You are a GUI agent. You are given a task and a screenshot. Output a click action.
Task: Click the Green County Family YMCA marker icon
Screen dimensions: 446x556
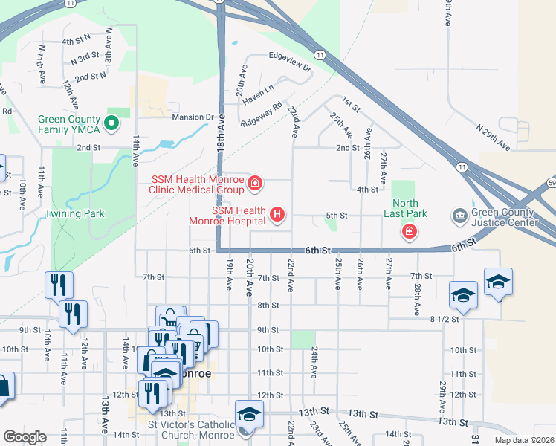111,123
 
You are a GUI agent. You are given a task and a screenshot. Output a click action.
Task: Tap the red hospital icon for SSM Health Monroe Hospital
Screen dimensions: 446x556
277,216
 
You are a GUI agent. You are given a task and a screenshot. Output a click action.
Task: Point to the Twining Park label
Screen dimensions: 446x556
75,213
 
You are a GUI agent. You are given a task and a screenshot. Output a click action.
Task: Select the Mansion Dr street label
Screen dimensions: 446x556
193,117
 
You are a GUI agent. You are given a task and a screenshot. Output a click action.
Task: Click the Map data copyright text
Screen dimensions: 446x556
525,440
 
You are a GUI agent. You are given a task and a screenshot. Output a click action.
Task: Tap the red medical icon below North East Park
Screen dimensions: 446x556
408,233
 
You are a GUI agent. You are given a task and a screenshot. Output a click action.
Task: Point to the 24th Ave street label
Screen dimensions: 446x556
315,360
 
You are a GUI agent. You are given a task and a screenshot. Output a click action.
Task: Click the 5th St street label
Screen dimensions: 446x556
337,216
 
